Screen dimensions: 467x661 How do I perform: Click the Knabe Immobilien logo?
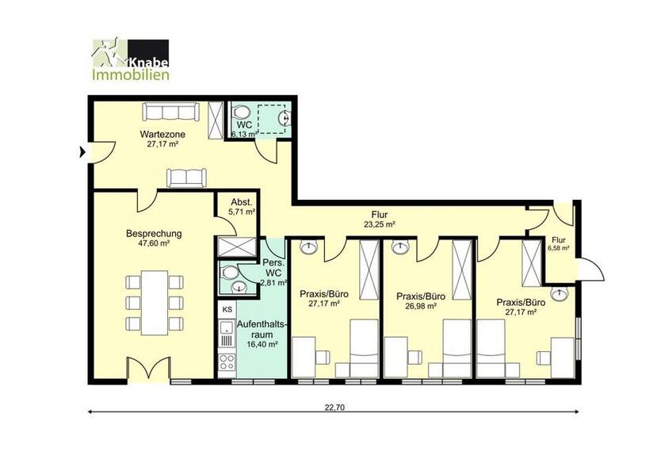pos(130,60)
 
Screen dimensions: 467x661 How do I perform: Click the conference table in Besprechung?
pos(155,301)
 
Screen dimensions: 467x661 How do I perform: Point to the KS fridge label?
pos(227,310)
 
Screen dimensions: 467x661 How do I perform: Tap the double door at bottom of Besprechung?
pos(149,370)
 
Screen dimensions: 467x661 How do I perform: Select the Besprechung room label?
pos(154,234)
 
